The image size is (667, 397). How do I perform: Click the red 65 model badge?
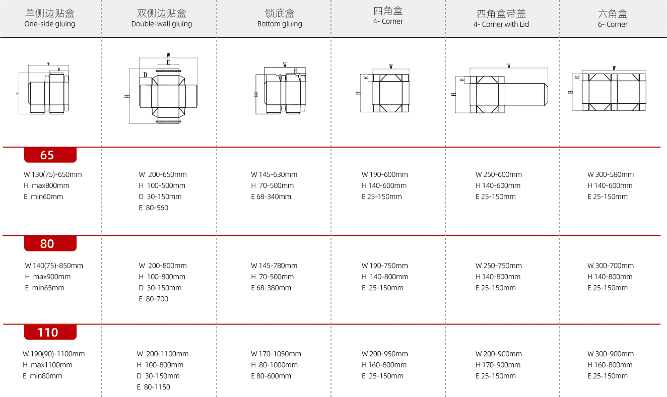pyautogui.click(x=50, y=155)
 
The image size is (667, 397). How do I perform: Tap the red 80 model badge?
pyautogui.click(x=50, y=244)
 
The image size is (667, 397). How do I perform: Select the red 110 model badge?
pyautogui.click(x=50, y=332)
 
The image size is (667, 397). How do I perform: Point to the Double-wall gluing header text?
pyautogui.click(x=162, y=24)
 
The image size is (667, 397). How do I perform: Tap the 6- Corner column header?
pyautogui.click(x=613, y=19)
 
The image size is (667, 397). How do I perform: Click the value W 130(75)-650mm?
pyautogui.click(x=53, y=174)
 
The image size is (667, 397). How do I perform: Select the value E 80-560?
pyautogui.click(x=153, y=208)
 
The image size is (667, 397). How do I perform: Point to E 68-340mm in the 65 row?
pyautogui.click(x=271, y=196)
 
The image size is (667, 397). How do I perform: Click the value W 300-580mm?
pyautogui.click(x=611, y=174)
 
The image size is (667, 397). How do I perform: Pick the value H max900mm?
pyautogui.click(x=48, y=277)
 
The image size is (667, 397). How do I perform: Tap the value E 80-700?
pyautogui.click(x=153, y=299)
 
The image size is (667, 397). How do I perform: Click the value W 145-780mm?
pyautogui.click(x=274, y=266)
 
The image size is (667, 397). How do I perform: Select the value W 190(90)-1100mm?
pyautogui.click(x=53, y=354)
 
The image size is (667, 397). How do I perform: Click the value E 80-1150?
pyautogui.click(x=153, y=387)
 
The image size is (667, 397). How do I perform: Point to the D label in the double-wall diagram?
pyautogui.click(x=145, y=75)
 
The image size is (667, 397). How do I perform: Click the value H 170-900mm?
pyautogui.click(x=498, y=365)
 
